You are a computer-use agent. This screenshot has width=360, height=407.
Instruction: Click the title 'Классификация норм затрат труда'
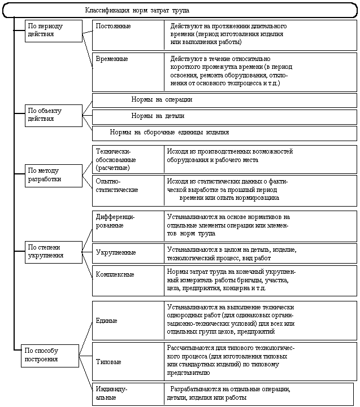[x=137, y=11]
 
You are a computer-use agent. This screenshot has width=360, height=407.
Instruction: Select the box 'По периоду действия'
[x=54, y=30]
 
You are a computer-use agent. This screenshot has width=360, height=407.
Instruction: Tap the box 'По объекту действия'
[x=54, y=115]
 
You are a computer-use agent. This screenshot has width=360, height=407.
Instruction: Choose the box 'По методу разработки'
[x=54, y=174]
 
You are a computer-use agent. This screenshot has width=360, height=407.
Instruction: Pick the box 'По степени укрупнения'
[x=54, y=251]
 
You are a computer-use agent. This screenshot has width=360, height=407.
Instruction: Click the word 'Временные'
[x=112, y=59]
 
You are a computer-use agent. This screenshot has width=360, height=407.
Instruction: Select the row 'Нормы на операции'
[x=162, y=99]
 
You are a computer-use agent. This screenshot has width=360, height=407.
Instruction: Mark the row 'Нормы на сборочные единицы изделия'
[x=170, y=133]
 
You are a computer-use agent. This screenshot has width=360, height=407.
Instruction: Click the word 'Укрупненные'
[x=115, y=252]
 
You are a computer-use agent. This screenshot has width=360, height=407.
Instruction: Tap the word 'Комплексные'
[x=115, y=274]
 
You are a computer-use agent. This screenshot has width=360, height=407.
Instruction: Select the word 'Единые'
[x=107, y=321]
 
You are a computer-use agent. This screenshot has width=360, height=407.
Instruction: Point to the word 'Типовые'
[x=109, y=361]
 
